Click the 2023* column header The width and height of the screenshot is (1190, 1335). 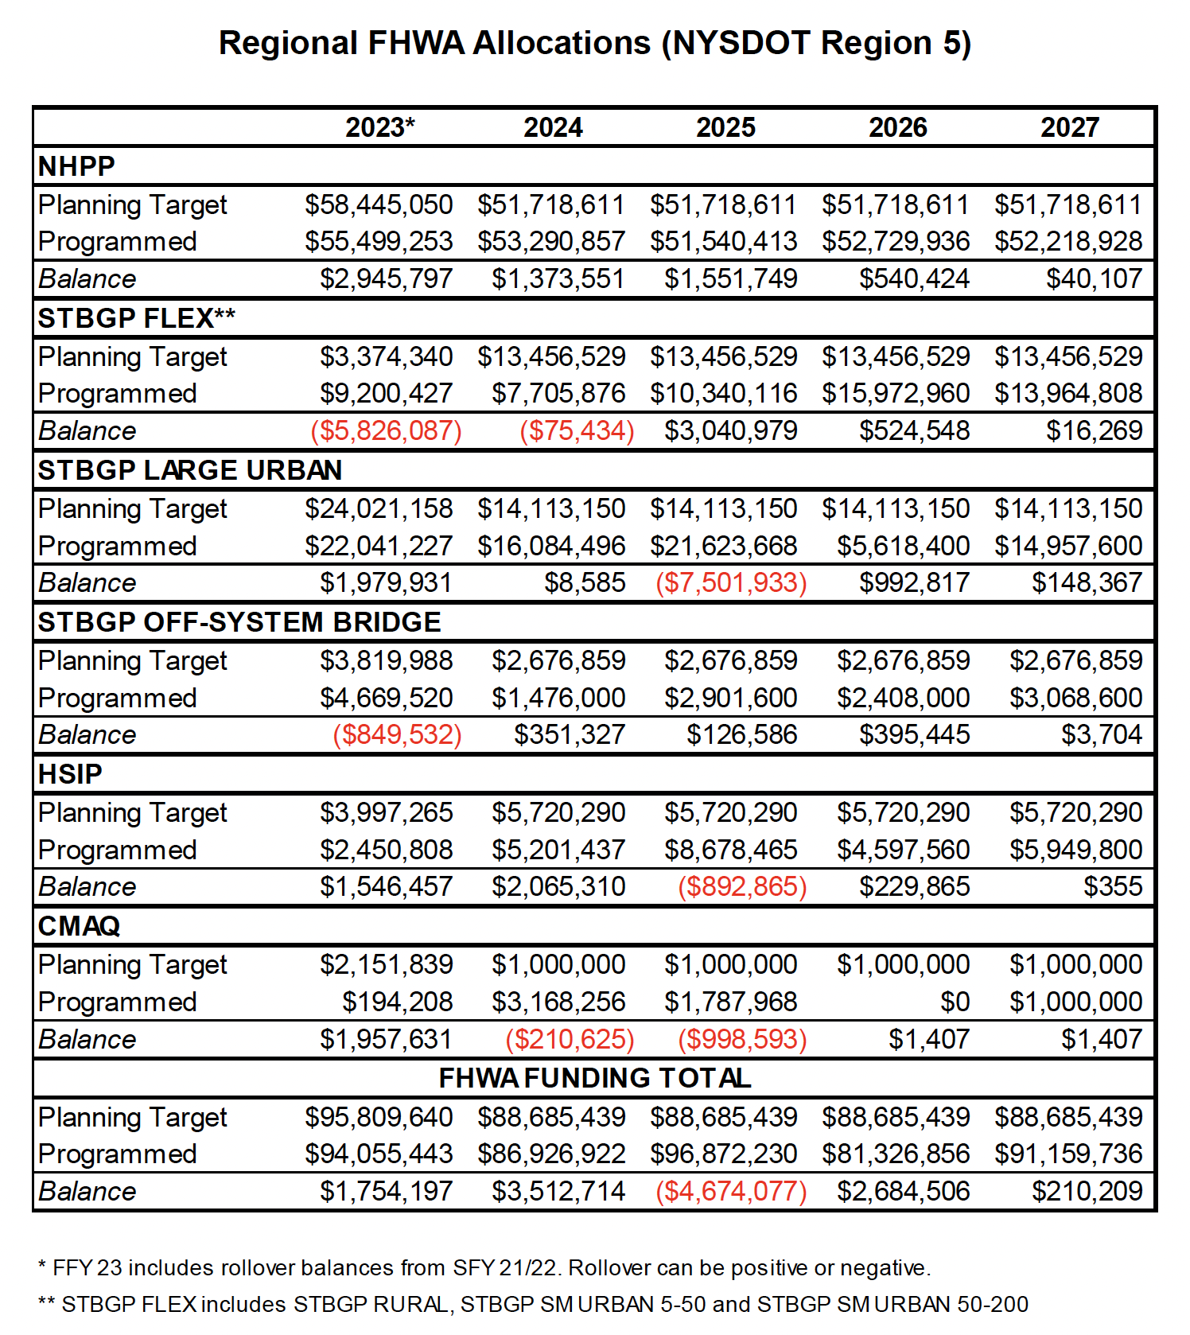pos(379,127)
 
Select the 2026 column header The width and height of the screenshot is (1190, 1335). pos(897,127)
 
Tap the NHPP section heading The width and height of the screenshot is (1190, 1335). pos(76,166)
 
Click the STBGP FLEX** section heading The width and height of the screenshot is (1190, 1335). pos(136,318)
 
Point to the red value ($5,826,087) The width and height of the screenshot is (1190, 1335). pos(386,431)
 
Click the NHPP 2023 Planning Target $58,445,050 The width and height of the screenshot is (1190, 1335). pos(379,205)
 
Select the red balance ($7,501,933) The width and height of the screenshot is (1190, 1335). pos(730,583)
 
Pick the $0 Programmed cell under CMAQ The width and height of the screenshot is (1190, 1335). pos(955,1002)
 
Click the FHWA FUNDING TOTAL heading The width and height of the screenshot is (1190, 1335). pos(594,1078)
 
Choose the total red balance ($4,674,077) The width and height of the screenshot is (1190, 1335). pos(730,1191)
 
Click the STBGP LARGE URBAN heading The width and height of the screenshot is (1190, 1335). pos(189,470)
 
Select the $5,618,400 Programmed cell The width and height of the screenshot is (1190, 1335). pos(903,546)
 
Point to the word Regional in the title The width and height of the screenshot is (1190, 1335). pos(288,43)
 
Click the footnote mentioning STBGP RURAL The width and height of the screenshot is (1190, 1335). pos(533,1305)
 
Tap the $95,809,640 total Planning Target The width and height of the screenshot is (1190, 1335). pos(379,1117)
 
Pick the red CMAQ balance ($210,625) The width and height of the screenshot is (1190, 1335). pos(570,1039)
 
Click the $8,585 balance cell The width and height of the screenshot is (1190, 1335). pos(585,583)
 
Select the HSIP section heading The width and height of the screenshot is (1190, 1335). pos(70,774)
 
